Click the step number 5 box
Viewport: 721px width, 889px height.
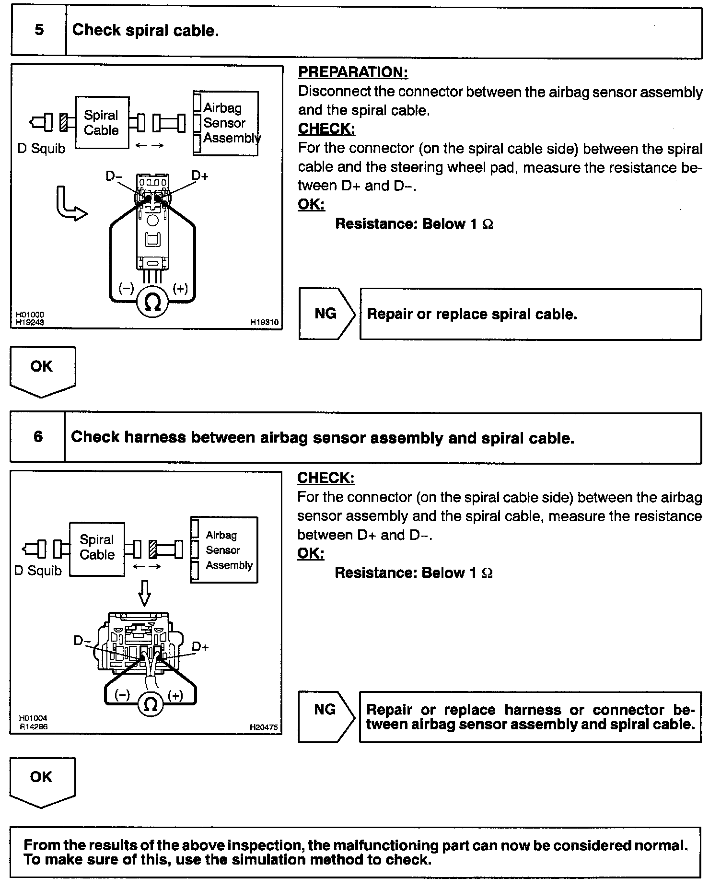pyautogui.click(x=39, y=30)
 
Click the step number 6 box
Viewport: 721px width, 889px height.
pyautogui.click(x=38, y=437)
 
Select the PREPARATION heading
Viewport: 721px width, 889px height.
pyautogui.click(x=353, y=72)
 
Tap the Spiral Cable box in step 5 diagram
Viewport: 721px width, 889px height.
pyautogui.click(x=102, y=123)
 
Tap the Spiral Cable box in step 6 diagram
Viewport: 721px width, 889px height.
pyautogui.click(x=97, y=548)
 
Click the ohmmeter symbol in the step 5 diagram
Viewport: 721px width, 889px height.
pyautogui.click(x=152, y=302)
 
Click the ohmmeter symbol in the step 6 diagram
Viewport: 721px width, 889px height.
pyautogui.click(x=151, y=704)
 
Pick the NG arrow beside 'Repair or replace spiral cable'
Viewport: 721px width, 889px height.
pyautogui.click(x=326, y=314)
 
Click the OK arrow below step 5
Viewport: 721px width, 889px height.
pyautogui.click(x=42, y=370)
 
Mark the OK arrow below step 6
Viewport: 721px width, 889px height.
pyautogui.click(x=42, y=780)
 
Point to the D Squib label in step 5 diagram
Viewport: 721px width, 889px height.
pyautogui.click(x=41, y=149)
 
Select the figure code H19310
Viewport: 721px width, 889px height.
pyautogui.click(x=264, y=322)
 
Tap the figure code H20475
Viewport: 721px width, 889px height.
pyautogui.click(x=263, y=727)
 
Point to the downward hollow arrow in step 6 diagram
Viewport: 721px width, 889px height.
pyautogui.click(x=144, y=593)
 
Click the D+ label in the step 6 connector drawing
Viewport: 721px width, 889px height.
pyautogui.click(x=200, y=647)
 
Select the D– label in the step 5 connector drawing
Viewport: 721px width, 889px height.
pyautogui.click(x=114, y=176)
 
